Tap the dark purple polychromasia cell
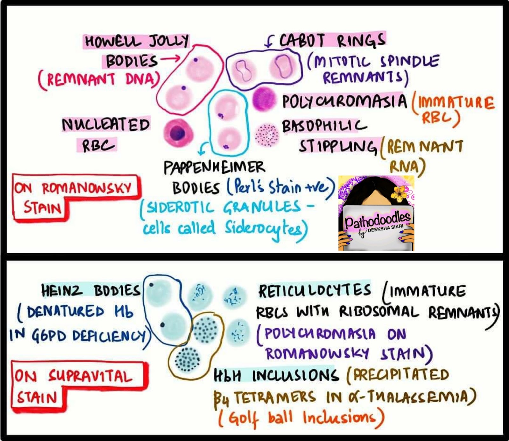264,99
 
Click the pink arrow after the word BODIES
170,59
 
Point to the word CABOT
302,41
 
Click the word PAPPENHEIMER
214,167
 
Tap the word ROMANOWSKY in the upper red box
87,188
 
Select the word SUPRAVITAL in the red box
90,376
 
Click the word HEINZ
62,290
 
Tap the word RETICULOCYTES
315,290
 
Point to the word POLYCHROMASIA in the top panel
344,101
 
